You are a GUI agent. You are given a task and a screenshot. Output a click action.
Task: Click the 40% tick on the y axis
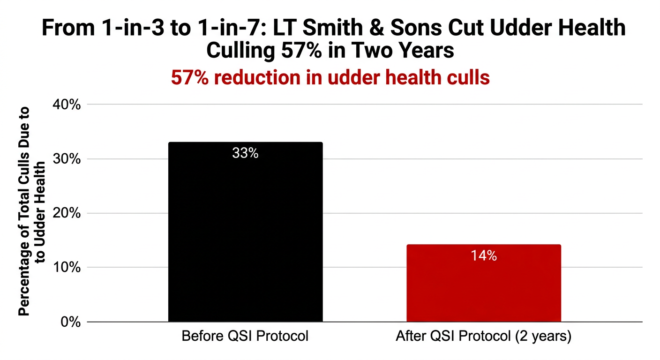click(68, 105)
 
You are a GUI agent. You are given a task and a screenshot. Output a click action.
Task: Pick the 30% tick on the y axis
click(68, 159)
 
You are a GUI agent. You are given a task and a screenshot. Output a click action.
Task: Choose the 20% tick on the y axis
click(68, 213)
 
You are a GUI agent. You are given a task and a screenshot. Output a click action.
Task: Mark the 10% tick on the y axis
click(68, 268)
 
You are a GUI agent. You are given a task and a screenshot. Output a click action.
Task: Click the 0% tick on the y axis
click(72, 322)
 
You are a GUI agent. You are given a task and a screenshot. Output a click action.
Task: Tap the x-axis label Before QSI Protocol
click(245, 337)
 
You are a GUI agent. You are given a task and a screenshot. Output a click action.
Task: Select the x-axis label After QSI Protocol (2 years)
click(483, 337)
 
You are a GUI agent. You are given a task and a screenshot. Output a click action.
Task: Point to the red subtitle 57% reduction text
click(330, 78)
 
